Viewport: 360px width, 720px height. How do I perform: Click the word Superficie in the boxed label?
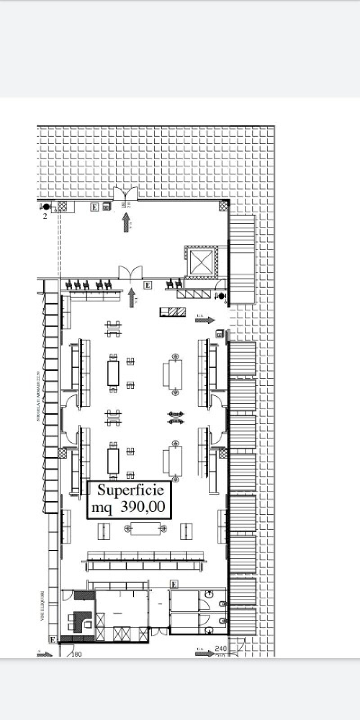pos(127,490)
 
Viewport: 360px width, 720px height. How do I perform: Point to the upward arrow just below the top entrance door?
pos(126,222)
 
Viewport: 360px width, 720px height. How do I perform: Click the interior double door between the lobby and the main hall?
pos(130,272)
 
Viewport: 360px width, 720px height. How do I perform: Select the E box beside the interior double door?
pos(148,285)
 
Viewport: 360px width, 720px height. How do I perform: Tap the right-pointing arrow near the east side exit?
pos(205,319)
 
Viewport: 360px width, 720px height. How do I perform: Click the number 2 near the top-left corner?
pos(45,216)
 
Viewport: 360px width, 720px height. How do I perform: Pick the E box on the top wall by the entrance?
pos(94,207)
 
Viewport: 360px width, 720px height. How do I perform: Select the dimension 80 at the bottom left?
pos(77,654)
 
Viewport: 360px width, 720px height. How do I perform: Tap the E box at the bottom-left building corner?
pos(53,639)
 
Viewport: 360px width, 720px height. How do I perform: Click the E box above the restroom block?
pos(174,585)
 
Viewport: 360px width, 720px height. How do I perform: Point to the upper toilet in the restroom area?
pos(222,603)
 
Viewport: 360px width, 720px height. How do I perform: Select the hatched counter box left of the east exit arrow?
pos(173,311)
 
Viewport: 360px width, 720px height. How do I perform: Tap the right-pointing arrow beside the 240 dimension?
pos(205,652)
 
